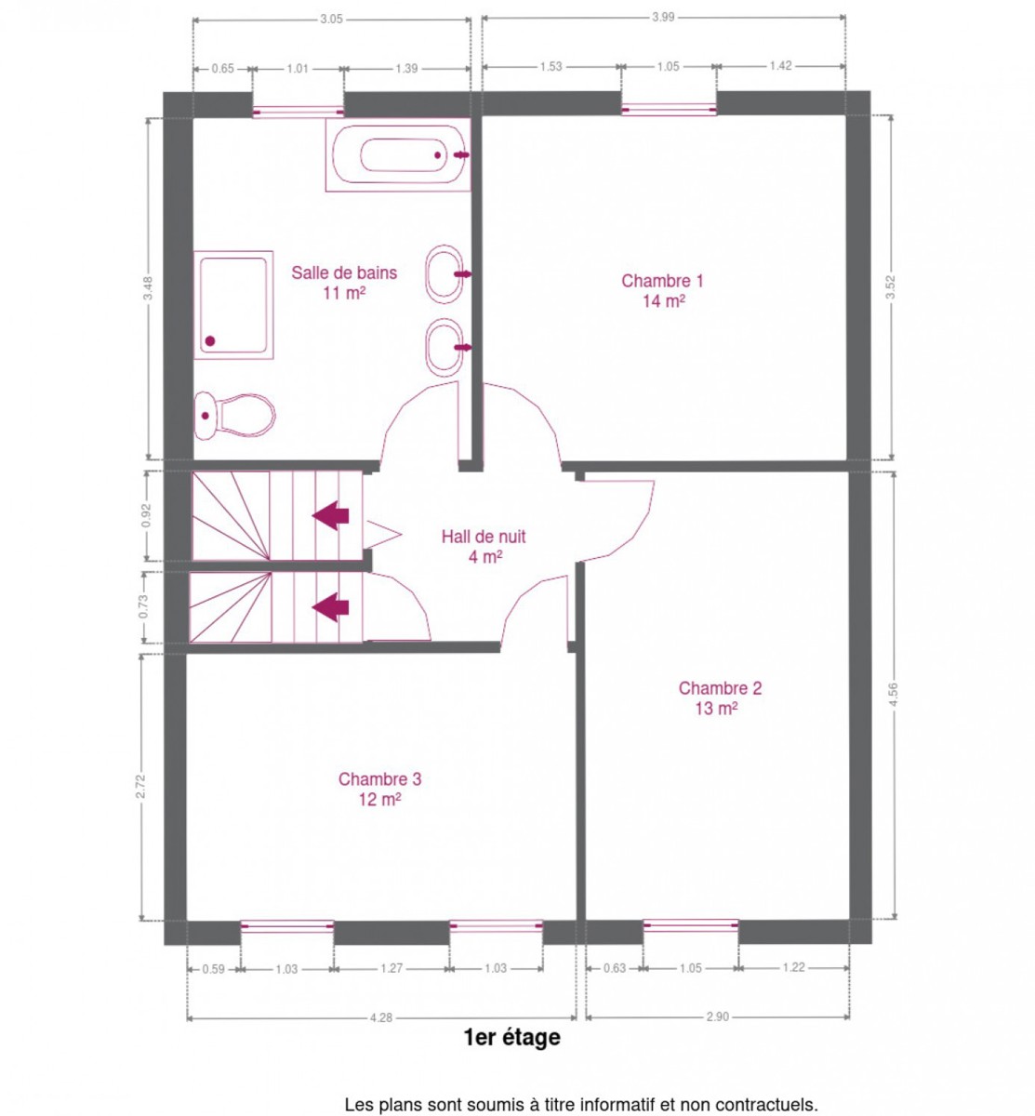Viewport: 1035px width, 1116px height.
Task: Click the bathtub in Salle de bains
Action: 398,154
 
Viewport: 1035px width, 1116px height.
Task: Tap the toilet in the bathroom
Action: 234,416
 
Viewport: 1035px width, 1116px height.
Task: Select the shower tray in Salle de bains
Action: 233,304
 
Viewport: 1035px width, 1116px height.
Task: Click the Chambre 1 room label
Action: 662,290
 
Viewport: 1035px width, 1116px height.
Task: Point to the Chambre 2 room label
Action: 720,697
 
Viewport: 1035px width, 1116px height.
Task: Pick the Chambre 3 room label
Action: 379,789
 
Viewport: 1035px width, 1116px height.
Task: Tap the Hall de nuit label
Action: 484,546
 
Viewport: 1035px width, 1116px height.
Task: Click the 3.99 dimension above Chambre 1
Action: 663,17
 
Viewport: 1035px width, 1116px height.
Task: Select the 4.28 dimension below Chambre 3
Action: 381,1017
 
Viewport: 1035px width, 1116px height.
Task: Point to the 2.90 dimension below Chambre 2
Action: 717,1016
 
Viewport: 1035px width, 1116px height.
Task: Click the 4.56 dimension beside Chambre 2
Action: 894,694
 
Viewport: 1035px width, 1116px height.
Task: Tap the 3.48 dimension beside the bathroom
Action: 148,289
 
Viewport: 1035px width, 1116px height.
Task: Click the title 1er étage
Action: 511,1037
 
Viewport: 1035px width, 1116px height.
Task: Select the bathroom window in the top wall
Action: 298,112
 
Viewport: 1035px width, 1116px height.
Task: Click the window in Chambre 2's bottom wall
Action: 690,925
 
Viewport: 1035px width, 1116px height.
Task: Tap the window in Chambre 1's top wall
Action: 668,110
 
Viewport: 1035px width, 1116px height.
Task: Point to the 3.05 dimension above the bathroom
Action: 331,20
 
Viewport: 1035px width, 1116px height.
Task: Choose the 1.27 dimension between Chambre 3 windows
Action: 391,968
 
